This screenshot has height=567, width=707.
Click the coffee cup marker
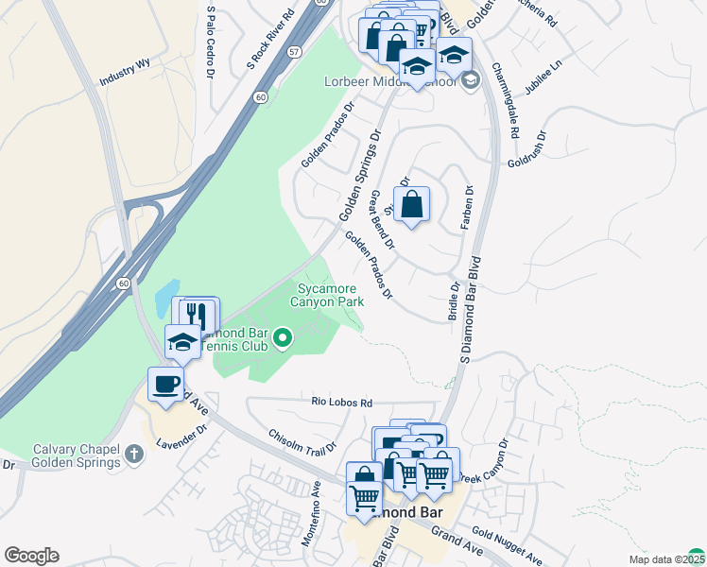(x=166, y=385)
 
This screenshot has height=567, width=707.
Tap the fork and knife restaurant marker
(x=196, y=314)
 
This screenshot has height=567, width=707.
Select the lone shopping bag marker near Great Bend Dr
(x=411, y=204)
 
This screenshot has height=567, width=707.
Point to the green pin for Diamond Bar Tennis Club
(x=282, y=337)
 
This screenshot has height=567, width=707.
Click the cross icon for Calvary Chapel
(x=135, y=455)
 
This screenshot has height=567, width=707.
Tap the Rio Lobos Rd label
(x=342, y=402)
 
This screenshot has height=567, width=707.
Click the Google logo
(x=31, y=556)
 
